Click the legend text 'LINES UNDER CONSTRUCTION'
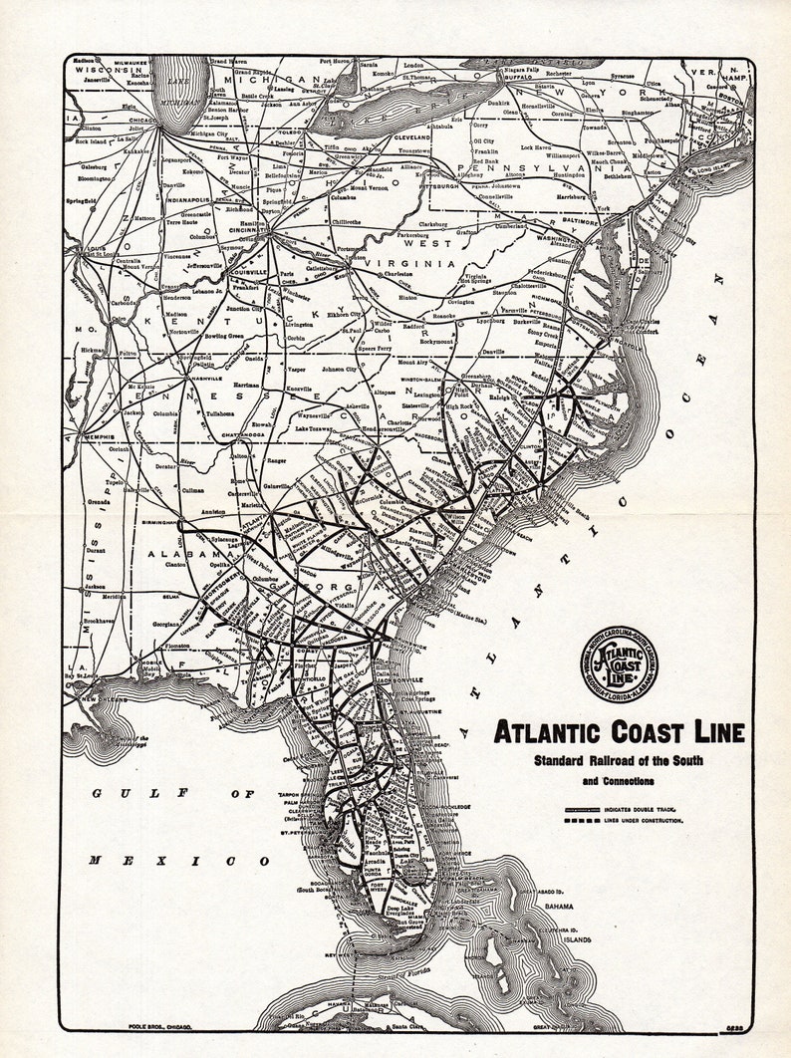click(644, 821)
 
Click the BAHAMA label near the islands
click(559, 908)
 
